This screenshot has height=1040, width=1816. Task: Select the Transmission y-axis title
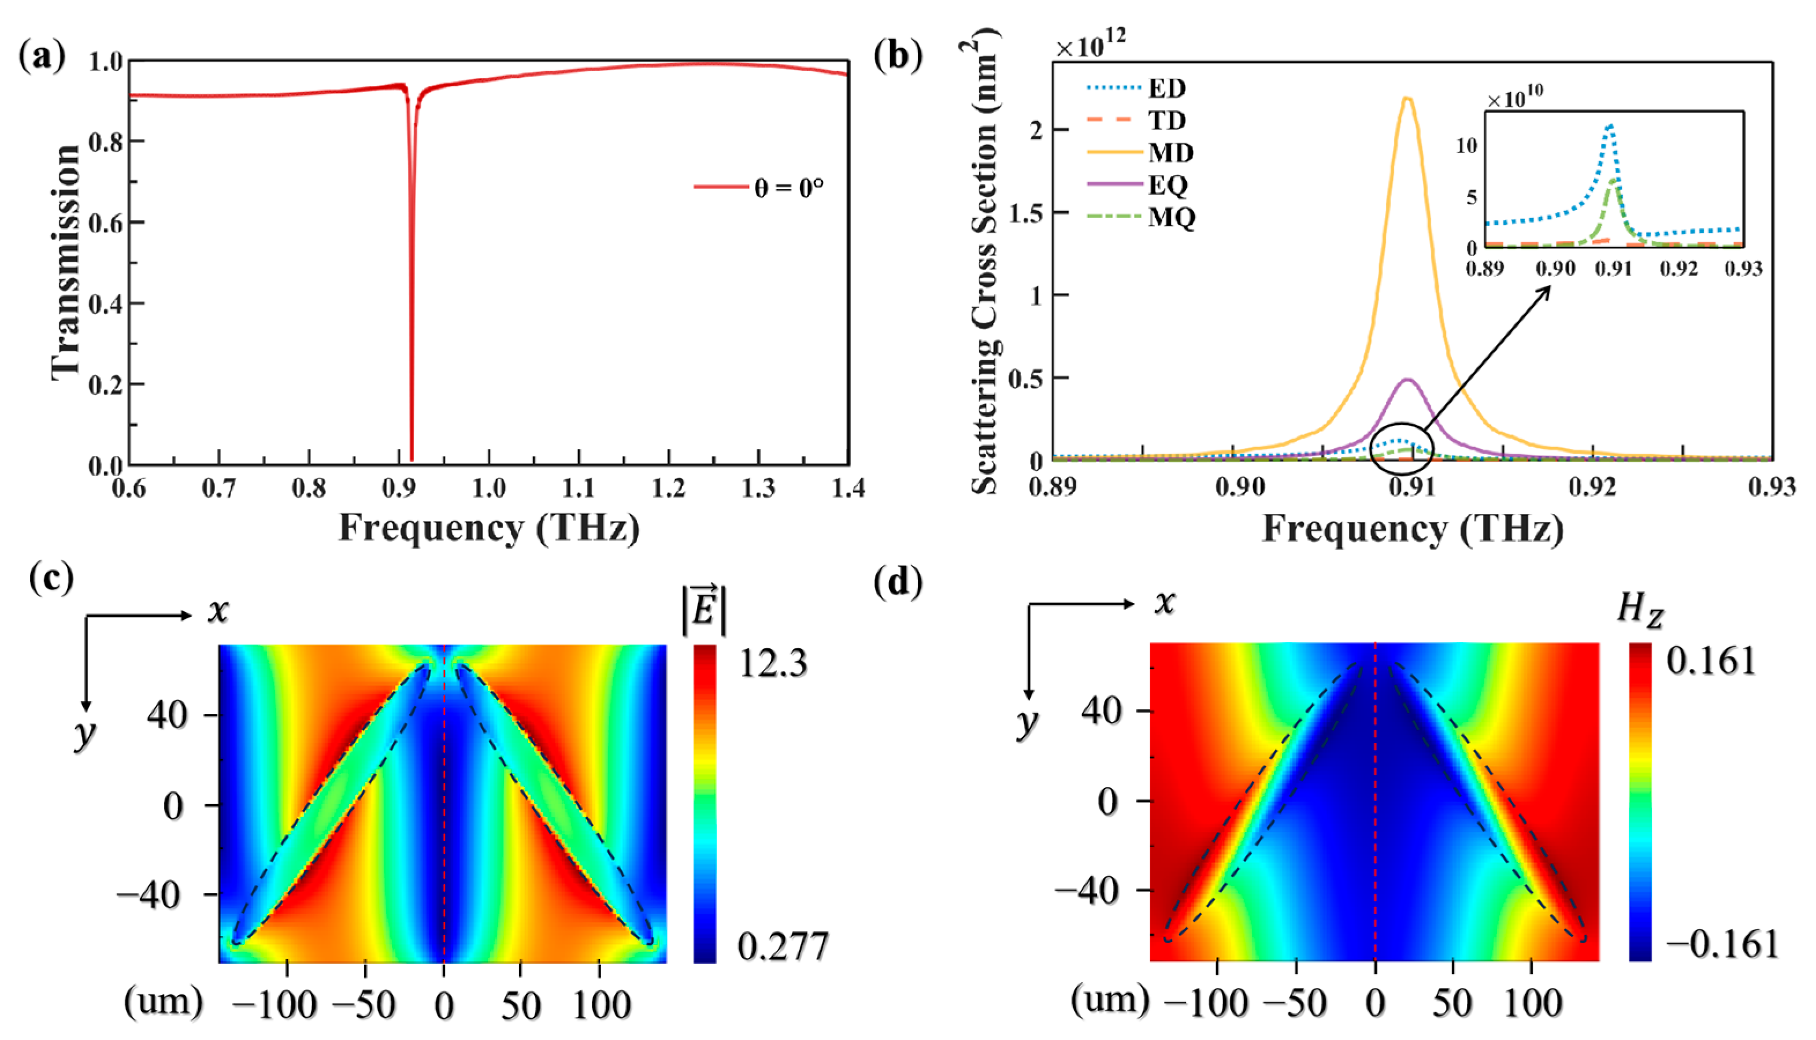coord(66,262)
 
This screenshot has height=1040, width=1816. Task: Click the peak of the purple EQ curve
coord(1407,379)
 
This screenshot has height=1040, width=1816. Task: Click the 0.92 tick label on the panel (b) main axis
coord(1592,487)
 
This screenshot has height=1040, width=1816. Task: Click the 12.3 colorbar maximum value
coord(773,663)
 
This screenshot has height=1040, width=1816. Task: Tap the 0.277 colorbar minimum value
coord(783,946)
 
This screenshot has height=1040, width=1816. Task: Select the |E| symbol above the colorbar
coord(704,609)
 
